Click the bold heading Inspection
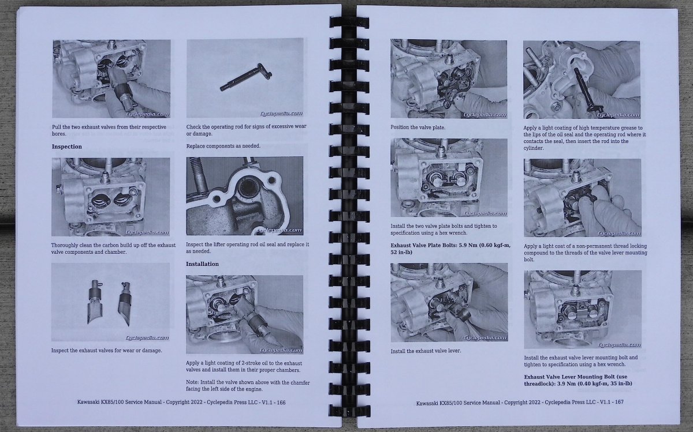[67, 146]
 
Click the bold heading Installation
[202, 264]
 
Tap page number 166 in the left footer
[281, 403]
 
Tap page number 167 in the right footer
[619, 402]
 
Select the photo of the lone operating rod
[245, 78]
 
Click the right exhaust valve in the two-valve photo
[125, 303]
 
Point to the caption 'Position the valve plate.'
[418, 127]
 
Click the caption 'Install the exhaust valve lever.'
[426, 351]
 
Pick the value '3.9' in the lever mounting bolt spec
[561, 384]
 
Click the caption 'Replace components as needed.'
[223, 146]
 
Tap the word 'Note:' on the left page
[192, 382]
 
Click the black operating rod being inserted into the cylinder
[588, 89]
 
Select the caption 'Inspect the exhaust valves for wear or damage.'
[106, 351]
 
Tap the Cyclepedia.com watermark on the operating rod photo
[281, 114]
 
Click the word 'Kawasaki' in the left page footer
[88, 403]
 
